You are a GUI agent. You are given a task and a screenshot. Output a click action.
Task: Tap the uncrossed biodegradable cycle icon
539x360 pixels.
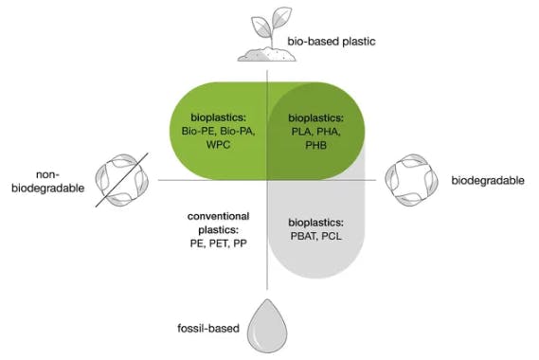[409, 178]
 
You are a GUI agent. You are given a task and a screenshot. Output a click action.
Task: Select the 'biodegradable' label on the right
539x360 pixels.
[487, 180]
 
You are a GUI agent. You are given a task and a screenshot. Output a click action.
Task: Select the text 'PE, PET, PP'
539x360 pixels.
[218, 244]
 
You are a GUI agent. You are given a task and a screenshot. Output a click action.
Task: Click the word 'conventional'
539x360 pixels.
[218, 217]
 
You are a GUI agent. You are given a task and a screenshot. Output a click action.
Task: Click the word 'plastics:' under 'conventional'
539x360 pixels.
[218, 230]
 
